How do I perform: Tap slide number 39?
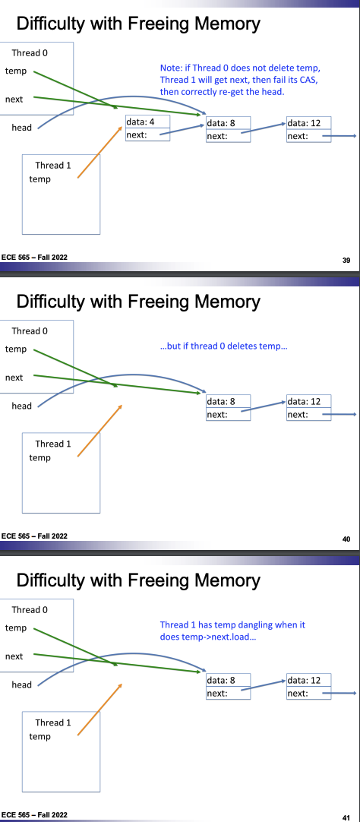point(346,260)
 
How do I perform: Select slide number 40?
point(346,539)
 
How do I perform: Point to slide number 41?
point(346,817)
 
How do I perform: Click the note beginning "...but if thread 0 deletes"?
point(224,347)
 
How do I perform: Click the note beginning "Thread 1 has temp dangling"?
point(232,631)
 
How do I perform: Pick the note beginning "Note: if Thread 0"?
point(239,80)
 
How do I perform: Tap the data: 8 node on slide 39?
point(228,129)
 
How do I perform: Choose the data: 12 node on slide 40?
point(308,408)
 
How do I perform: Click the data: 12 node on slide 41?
point(308,687)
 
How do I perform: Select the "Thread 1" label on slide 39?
point(53,166)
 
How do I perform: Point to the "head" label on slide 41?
point(21,684)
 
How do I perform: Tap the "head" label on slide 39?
point(21,128)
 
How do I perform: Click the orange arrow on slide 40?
point(99,431)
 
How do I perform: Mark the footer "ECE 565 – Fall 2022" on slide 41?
point(34,814)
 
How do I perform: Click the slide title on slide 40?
point(138,302)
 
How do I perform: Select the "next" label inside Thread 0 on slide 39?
point(14,99)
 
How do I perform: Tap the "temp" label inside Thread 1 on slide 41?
point(39,737)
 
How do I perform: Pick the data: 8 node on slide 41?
point(228,687)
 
